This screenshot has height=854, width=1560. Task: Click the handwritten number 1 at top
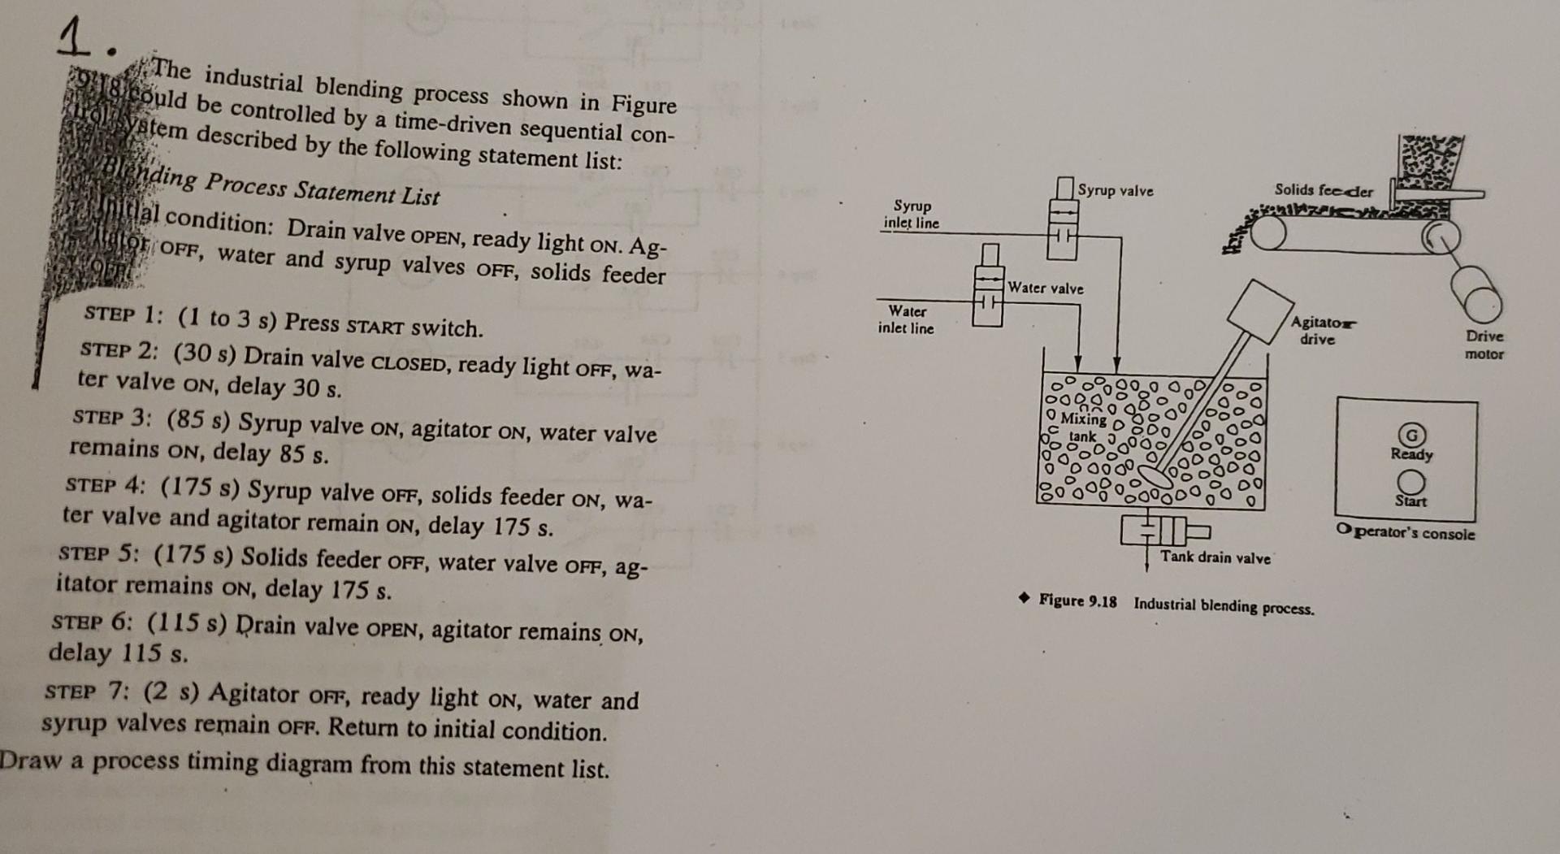(76, 38)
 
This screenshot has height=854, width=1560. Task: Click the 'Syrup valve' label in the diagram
(1115, 191)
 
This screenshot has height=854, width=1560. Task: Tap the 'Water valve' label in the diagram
(1045, 288)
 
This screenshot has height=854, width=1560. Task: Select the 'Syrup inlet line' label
(912, 215)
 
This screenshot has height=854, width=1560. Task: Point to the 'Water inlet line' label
(906, 319)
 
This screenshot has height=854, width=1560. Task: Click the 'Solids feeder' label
(1323, 190)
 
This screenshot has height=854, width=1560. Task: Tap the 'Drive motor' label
(1484, 345)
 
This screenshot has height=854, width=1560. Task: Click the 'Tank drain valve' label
(1215, 557)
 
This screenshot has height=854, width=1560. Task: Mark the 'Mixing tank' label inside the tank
(1082, 427)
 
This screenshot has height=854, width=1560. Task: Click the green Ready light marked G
(1412, 435)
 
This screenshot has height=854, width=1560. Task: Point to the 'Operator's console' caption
(1406, 533)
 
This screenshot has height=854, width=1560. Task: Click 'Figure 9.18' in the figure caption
(1077, 601)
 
